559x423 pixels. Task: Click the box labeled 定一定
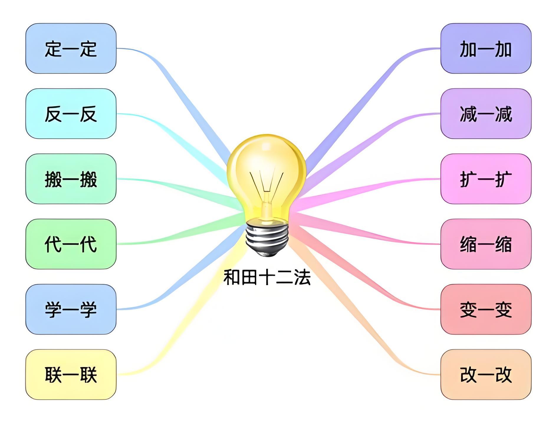coord(71,49)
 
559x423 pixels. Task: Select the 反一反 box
coord(71,114)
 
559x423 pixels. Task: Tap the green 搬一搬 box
coord(71,179)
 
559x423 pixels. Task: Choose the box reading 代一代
coord(71,244)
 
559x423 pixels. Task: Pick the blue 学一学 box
coord(71,309)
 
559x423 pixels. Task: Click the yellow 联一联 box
coord(71,374)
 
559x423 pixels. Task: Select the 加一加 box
coord(486,49)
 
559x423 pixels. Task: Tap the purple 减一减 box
coord(486,114)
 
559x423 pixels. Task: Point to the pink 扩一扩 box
coord(486,179)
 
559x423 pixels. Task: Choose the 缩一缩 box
coord(486,244)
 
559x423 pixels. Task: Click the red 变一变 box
coord(486,309)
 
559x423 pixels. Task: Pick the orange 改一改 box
coord(486,374)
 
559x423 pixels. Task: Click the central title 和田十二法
coord(267,277)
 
